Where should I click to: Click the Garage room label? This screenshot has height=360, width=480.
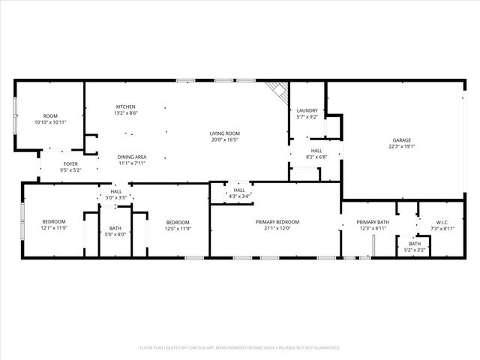click(x=403, y=140)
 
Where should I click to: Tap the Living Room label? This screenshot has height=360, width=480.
click(x=224, y=133)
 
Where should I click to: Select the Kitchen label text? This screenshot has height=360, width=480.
click(x=125, y=106)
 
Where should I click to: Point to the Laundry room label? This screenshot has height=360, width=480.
click(x=307, y=110)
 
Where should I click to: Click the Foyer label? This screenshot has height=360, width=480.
click(x=70, y=163)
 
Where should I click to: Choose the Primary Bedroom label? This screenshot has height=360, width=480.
click(x=277, y=222)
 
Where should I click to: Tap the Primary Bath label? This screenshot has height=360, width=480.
click(x=373, y=222)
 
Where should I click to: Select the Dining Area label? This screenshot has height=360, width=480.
click(x=131, y=157)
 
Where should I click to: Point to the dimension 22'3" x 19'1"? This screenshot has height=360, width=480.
click(x=403, y=146)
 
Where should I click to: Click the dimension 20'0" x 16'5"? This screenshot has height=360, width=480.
click(x=224, y=139)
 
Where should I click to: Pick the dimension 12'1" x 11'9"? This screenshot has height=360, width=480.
click(x=54, y=228)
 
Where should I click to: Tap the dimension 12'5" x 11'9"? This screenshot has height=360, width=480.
click(x=178, y=228)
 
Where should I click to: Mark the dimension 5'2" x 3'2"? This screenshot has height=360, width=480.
click(x=415, y=250)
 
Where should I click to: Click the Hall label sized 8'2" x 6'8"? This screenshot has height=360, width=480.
click(x=316, y=151)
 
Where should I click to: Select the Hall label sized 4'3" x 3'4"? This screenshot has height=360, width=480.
click(x=239, y=190)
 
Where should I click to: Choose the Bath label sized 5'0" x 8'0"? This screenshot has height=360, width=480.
click(x=115, y=228)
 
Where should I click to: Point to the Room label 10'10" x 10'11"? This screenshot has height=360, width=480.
click(x=50, y=116)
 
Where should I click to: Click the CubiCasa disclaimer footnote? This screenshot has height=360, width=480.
click(x=240, y=347)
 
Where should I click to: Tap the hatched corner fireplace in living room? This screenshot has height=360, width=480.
click(x=279, y=91)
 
